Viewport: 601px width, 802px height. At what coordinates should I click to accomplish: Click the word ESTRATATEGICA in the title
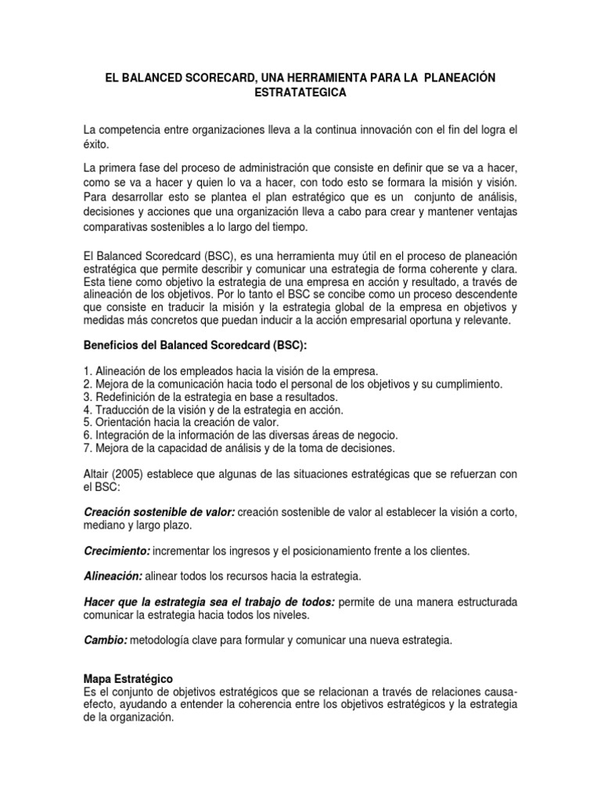pyautogui.click(x=300, y=92)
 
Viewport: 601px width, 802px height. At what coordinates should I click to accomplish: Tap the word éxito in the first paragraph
pyautogui.click(x=95, y=144)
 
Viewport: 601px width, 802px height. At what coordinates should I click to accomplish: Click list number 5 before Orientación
pyautogui.click(x=86, y=422)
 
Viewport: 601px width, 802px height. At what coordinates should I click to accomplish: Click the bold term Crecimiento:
pyautogui.click(x=117, y=551)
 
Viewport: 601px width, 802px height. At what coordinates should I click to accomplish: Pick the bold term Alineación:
pyautogui.click(x=113, y=576)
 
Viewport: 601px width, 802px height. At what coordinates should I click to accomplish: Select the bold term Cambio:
pyautogui.click(x=105, y=641)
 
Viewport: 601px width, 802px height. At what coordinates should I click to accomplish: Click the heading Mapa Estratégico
pyautogui.click(x=128, y=678)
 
